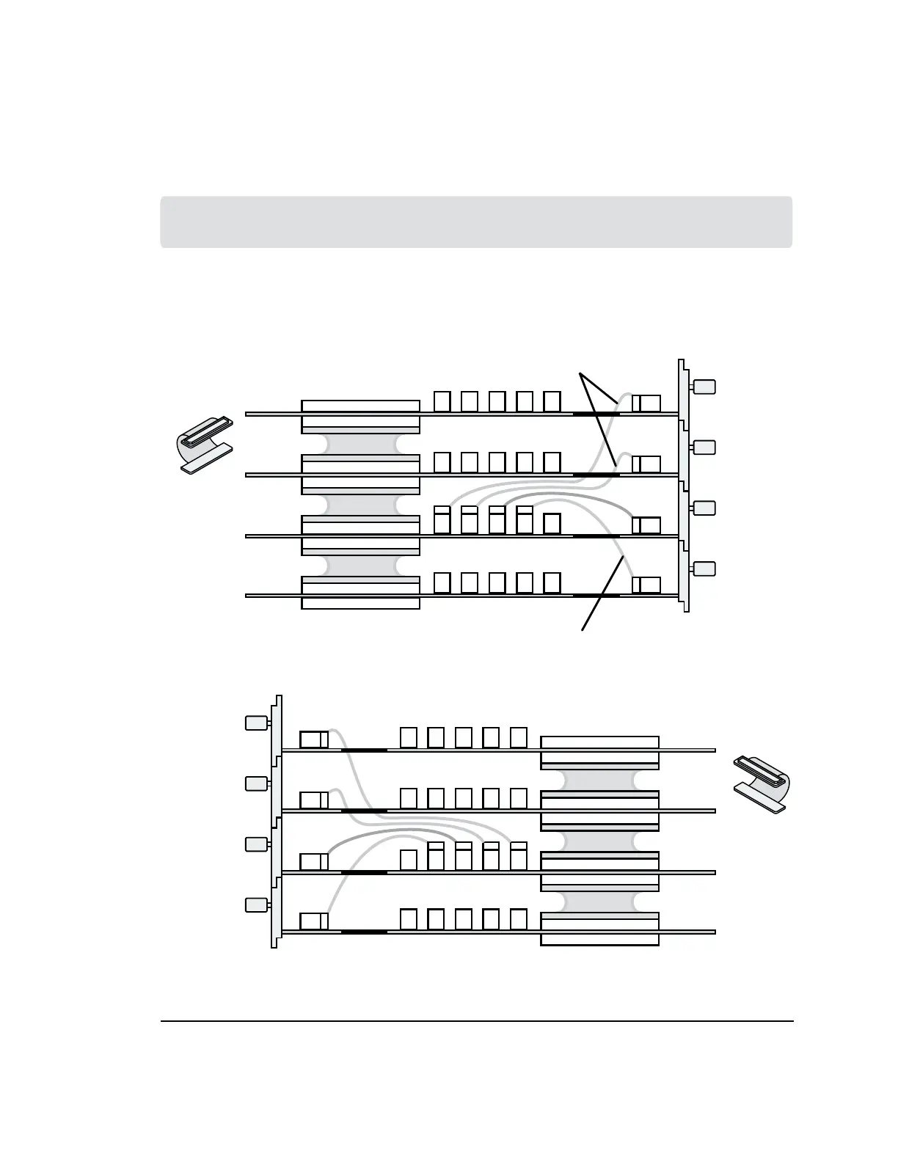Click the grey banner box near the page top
click(x=476, y=222)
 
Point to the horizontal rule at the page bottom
click(x=477, y=1020)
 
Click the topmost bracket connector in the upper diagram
click(x=704, y=387)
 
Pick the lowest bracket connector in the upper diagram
click(x=704, y=569)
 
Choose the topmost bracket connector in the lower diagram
click(x=255, y=723)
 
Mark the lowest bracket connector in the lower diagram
click(x=255, y=905)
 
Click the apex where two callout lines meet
click(x=580, y=375)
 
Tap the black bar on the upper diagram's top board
click(x=596, y=414)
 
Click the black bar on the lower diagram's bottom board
click(x=364, y=932)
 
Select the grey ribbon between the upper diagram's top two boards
click(x=360, y=444)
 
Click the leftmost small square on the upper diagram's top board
click(x=442, y=401)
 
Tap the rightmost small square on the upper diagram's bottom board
click(x=552, y=582)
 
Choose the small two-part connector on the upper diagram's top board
click(x=646, y=403)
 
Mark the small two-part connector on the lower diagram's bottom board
click(x=314, y=921)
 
